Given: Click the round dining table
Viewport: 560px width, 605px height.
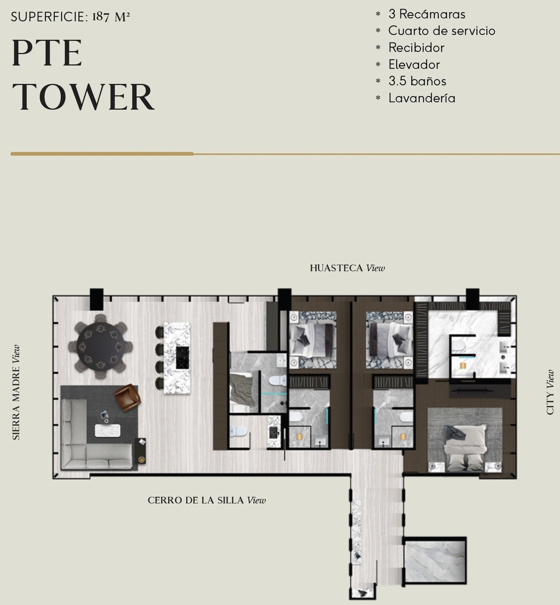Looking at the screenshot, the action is (100, 347).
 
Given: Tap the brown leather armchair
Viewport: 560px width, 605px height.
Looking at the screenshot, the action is (127, 397).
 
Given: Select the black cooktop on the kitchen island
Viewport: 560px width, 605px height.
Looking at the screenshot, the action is (182, 358).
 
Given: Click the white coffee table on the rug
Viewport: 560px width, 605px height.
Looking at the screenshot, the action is (107, 431).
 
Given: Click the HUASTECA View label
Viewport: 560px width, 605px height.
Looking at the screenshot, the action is (347, 268).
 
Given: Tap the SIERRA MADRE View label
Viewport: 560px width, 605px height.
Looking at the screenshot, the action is (16, 392).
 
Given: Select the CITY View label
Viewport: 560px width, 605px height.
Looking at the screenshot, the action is (550, 392).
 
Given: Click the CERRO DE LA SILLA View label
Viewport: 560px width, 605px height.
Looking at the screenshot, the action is (207, 500).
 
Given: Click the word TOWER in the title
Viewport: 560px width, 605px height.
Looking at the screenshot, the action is (83, 97).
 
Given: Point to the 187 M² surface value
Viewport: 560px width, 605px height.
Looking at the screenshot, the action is (111, 17).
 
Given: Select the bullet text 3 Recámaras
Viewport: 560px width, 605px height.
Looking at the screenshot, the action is (427, 14).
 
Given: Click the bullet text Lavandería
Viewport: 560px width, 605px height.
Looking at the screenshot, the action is (421, 98).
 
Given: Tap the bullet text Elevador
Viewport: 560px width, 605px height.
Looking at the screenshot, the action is (414, 64).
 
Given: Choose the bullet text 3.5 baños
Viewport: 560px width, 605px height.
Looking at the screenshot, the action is (417, 81).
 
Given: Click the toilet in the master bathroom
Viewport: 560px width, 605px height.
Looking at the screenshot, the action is (458, 345).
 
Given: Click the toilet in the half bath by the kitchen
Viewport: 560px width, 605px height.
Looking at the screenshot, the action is (238, 431).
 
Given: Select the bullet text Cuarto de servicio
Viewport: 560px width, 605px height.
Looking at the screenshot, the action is (442, 31).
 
